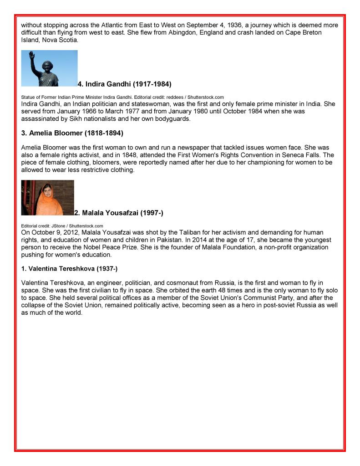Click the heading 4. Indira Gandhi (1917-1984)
124,84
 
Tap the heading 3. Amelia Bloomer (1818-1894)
72,133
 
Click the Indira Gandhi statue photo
49,68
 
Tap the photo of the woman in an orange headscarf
47,198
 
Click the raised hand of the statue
32,55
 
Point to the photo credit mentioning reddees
122,97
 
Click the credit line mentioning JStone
62,226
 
